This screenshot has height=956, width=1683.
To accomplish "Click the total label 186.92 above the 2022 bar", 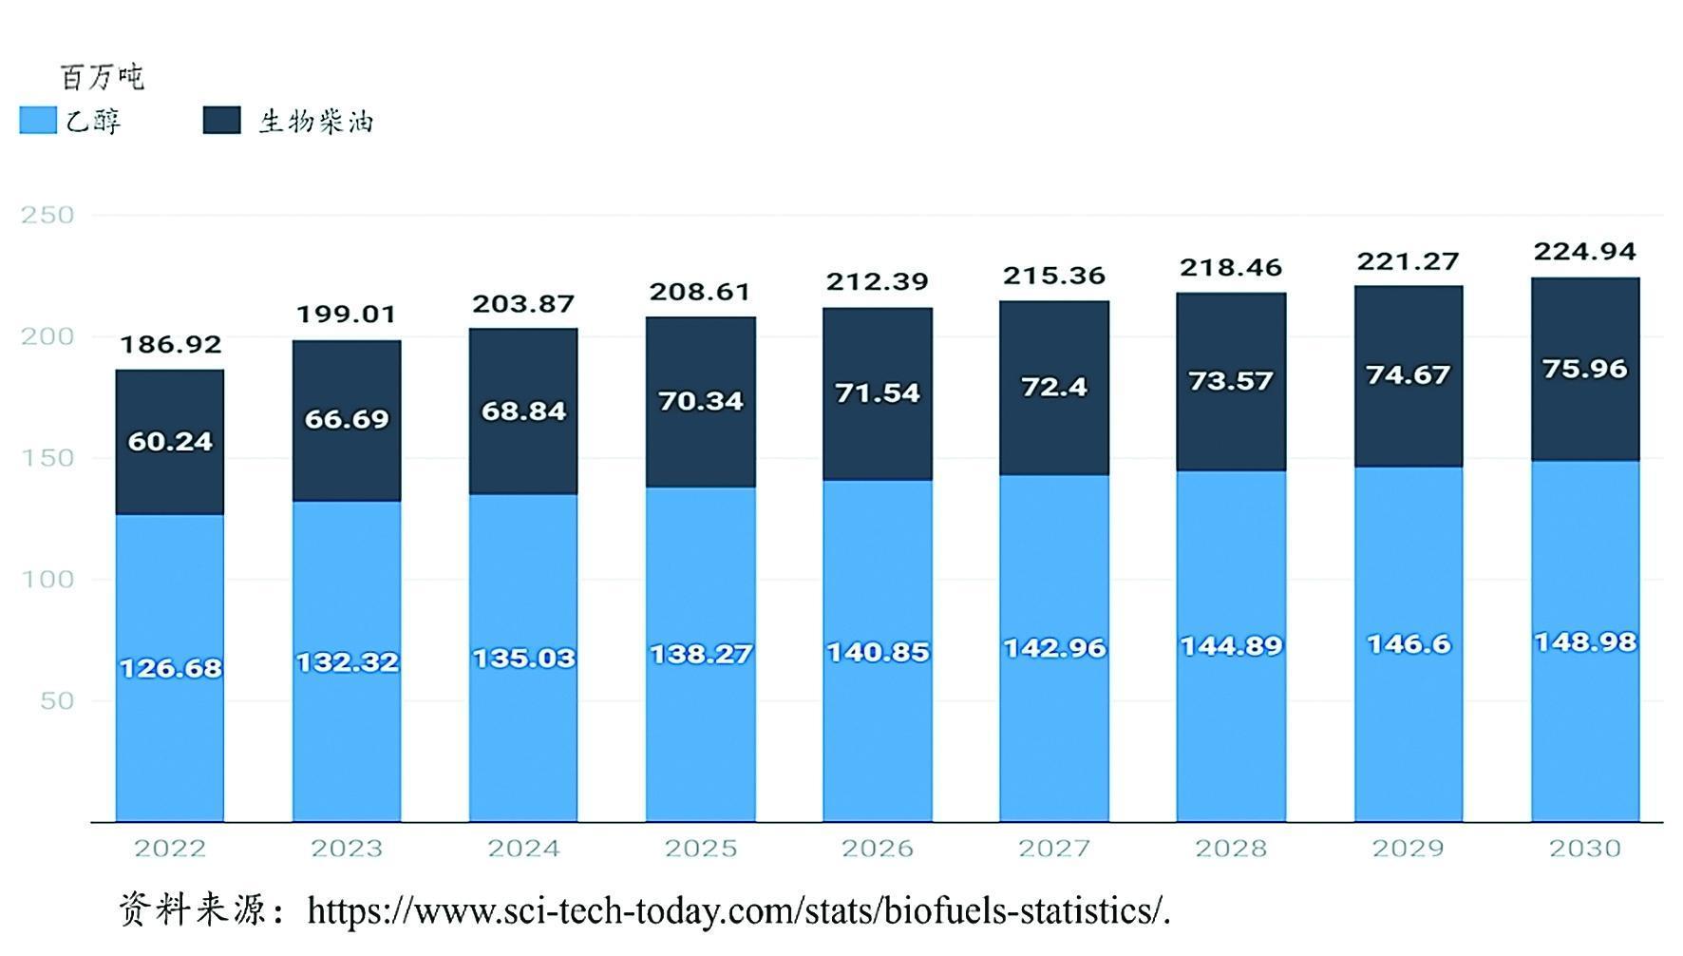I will tap(170, 344).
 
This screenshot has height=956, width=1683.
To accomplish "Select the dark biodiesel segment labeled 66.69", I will tap(347, 419).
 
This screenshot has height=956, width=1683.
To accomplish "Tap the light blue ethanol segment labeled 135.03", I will tap(523, 658).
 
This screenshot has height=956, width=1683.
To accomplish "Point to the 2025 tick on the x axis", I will tap(700, 848).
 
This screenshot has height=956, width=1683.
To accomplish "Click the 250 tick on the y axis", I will tap(47, 215).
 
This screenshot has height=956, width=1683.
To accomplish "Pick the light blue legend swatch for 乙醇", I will tap(38, 121).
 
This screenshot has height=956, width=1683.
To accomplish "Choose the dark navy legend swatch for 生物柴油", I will tap(221, 121).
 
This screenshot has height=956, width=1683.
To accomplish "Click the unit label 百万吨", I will tap(102, 77).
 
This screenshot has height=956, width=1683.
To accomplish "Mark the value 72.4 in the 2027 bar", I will tap(1054, 387).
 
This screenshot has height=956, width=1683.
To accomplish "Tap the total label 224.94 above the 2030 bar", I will tap(1584, 252).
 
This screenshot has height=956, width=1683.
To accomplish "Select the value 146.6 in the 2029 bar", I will tap(1409, 644).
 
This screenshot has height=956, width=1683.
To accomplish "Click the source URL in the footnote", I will tap(739, 911).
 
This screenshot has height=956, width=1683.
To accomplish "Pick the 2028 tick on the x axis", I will tap(1231, 848).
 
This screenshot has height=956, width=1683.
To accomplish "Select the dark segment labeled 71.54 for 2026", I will tap(878, 392).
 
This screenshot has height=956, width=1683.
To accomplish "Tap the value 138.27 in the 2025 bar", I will tap(700, 654).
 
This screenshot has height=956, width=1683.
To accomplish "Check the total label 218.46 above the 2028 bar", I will tap(1231, 268).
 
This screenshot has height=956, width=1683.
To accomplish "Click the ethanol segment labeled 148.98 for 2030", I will tap(1584, 642).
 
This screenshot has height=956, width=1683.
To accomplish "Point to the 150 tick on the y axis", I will tap(47, 458).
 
